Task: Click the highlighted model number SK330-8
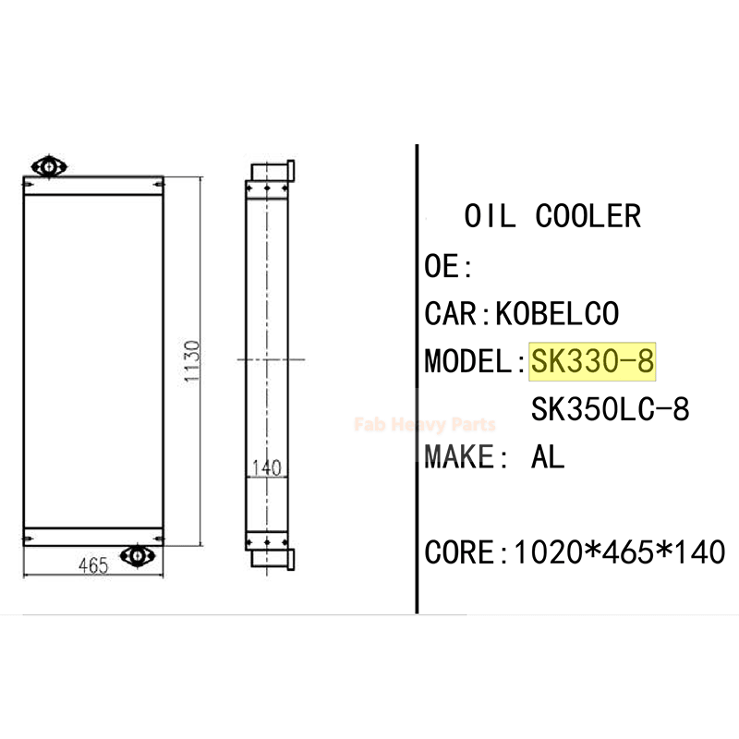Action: [592, 361]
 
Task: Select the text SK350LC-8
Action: [610, 408]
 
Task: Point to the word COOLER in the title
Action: [588, 216]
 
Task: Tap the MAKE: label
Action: [466, 455]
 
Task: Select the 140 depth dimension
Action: [266, 468]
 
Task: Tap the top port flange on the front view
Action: [48, 166]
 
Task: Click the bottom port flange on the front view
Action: [139, 556]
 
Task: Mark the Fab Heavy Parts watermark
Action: [425, 425]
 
